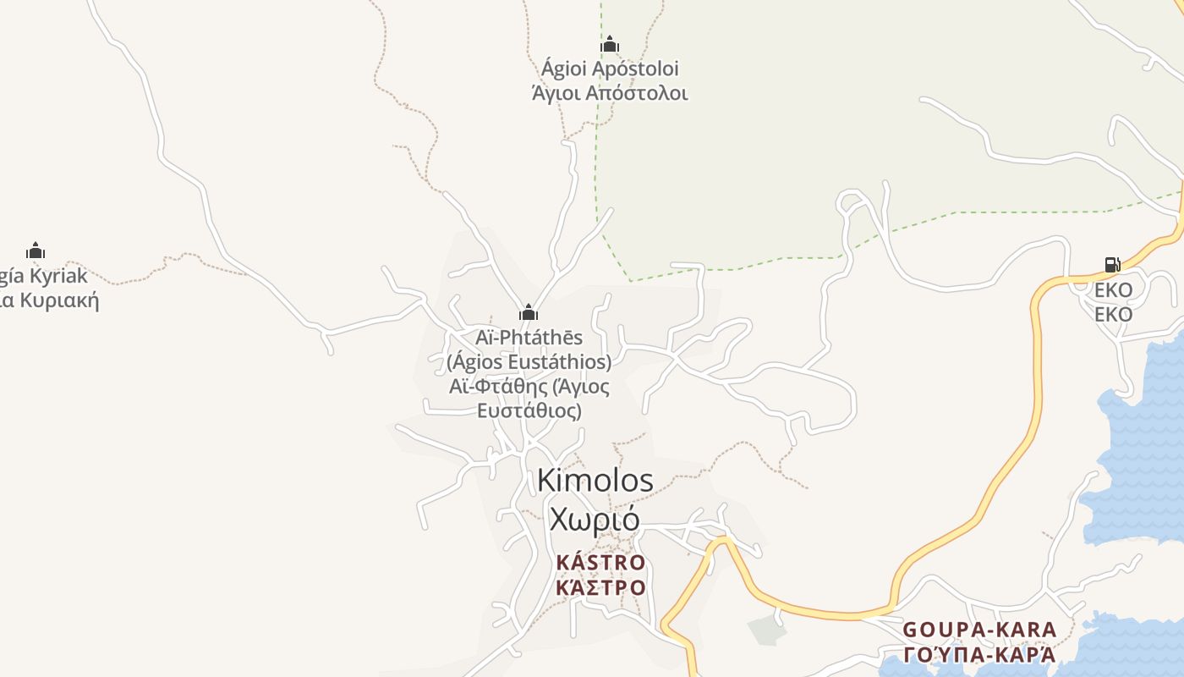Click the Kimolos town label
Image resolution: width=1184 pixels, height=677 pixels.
point(595,481)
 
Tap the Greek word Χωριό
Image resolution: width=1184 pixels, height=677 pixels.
point(595,519)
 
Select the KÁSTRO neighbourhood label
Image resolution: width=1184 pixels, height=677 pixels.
point(600,563)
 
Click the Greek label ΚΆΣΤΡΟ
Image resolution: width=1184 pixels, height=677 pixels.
point(600,587)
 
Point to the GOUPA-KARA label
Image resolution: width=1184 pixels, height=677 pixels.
point(979,630)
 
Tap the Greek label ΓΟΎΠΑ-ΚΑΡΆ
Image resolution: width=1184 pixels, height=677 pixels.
point(979,654)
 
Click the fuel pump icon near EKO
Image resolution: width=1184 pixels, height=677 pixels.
point(1112,265)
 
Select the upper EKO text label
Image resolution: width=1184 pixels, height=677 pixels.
point(1113,290)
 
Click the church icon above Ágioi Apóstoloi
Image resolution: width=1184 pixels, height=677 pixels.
point(609,44)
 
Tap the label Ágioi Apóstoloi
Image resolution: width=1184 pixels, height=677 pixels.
point(610,69)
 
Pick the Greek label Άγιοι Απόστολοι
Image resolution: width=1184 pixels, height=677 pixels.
point(610,93)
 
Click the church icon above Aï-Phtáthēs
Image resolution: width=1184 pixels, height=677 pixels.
point(529,312)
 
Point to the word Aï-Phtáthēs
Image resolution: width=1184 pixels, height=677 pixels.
point(529,338)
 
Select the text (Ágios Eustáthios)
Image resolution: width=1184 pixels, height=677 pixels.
point(529,362)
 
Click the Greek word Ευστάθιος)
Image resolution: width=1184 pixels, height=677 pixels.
point(529,411)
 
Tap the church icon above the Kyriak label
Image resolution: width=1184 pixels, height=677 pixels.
point(35,250)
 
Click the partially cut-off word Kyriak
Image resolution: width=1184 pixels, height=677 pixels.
point(58,276)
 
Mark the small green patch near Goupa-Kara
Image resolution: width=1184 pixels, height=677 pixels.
point(766,630)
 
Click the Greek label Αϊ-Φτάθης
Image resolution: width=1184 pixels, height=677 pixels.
point(499,387)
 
